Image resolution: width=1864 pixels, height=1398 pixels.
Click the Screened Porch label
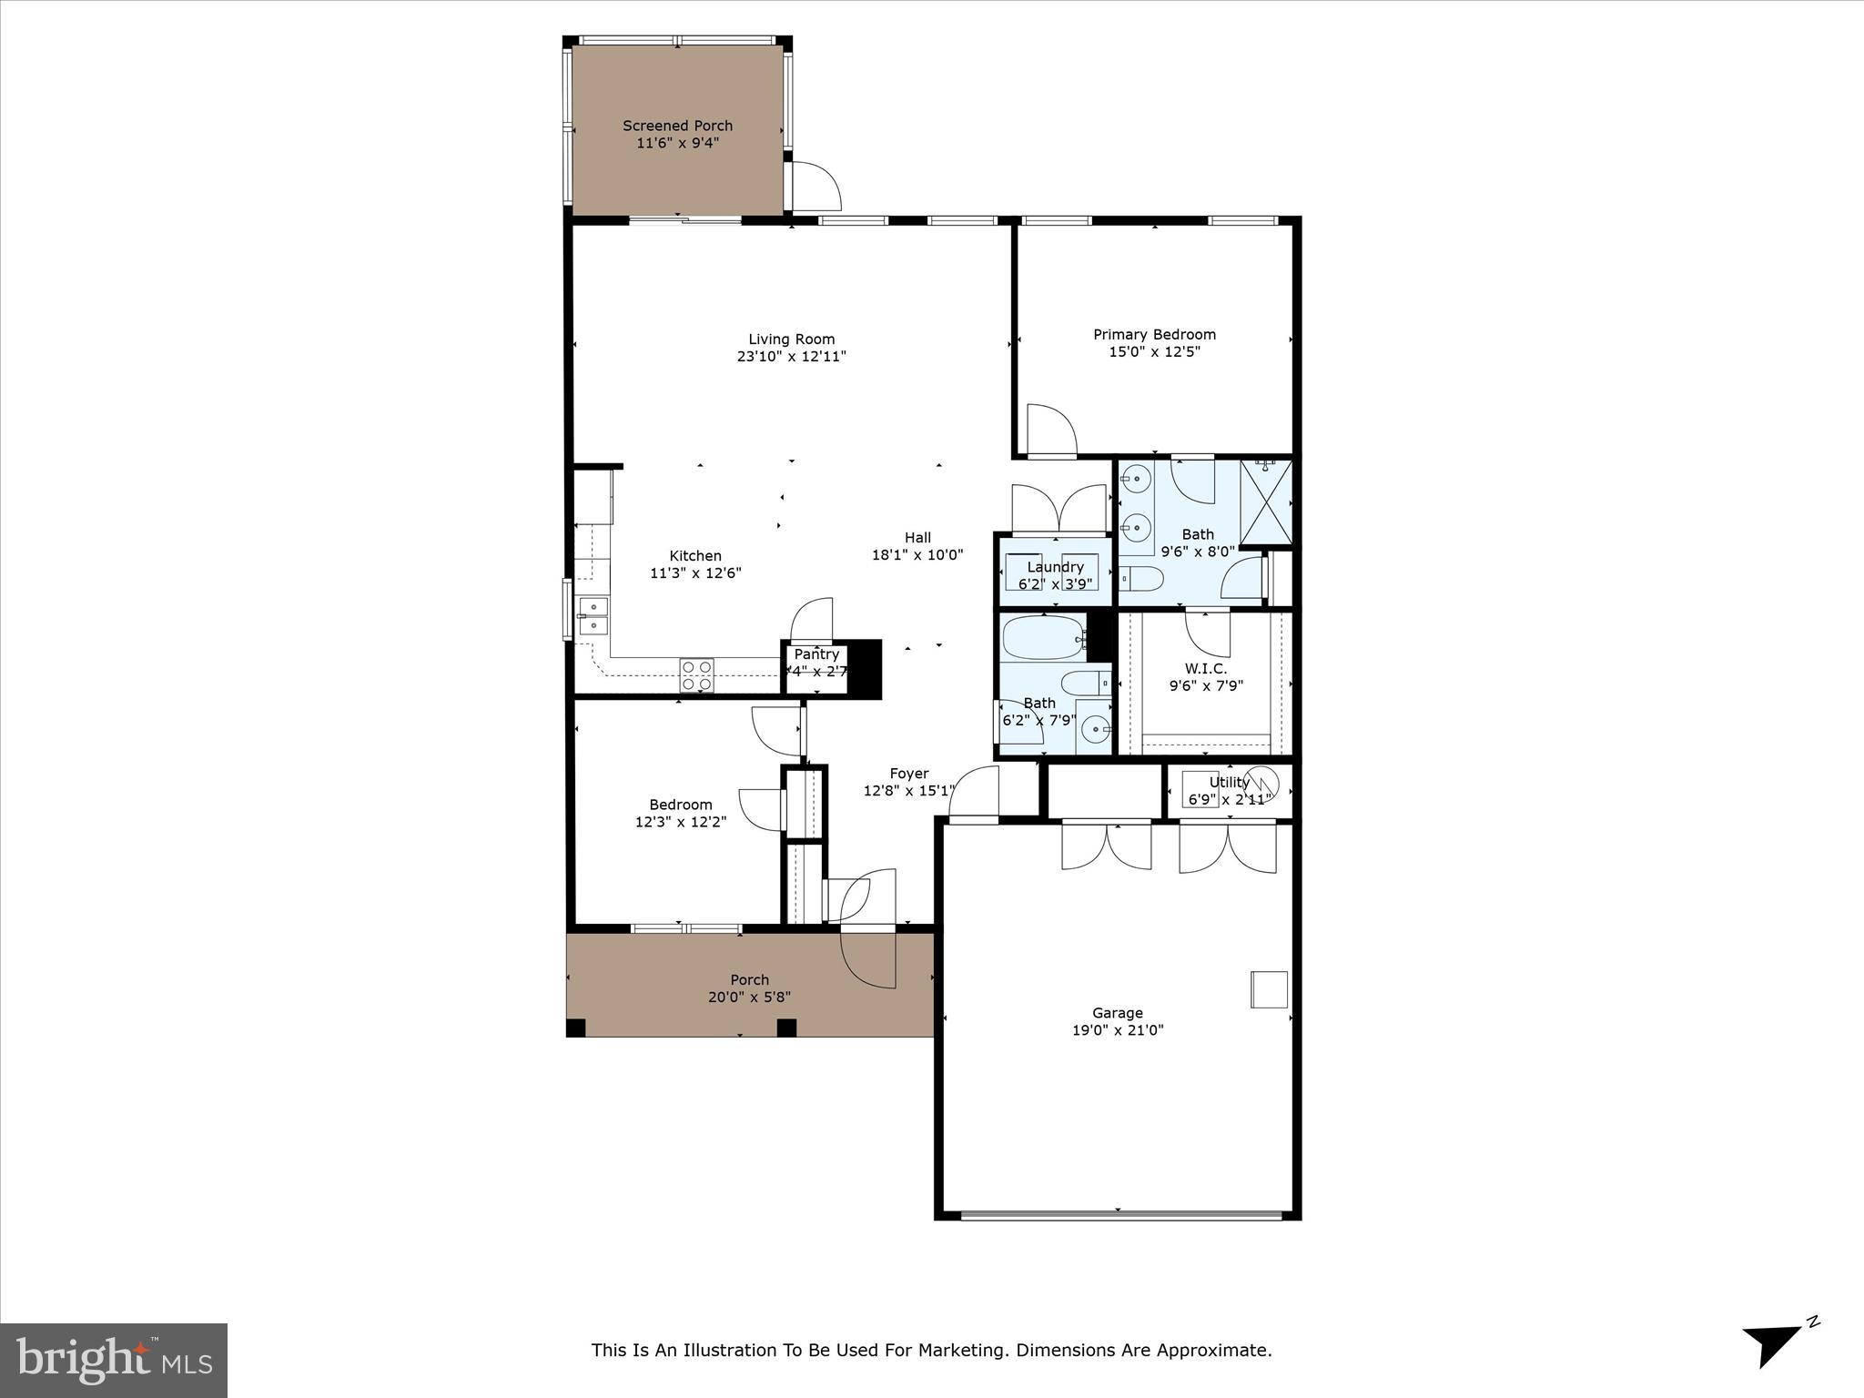[677, 126]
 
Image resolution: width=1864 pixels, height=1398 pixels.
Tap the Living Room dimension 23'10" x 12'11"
[791, 357]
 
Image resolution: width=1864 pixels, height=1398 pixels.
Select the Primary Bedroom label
[1154, 334]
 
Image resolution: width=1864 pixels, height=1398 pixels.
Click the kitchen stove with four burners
[696, 674]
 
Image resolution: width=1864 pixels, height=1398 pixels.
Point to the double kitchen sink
[593, 616]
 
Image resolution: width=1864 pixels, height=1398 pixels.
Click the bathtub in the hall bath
[1043, 639]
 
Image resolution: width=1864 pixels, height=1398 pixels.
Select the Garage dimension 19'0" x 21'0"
[1118, 1030]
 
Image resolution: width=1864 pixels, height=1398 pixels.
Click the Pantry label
[816, 654]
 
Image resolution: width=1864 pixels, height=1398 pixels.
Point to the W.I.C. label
[1205, 669]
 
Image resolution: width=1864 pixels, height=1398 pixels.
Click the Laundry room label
[1055, 567]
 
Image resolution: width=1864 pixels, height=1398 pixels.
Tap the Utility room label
[1229, 782]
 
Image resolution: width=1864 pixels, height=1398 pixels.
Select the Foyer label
[909, 774]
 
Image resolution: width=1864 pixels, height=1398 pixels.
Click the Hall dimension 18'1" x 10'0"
[917, 554]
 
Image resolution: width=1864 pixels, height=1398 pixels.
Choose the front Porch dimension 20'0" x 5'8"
[749, 997]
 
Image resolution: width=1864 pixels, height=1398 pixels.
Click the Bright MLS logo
[114, 1360]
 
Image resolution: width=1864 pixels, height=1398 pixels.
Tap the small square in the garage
[1269, 989]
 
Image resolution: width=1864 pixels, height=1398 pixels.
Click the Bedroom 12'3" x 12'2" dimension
[680, 822]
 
